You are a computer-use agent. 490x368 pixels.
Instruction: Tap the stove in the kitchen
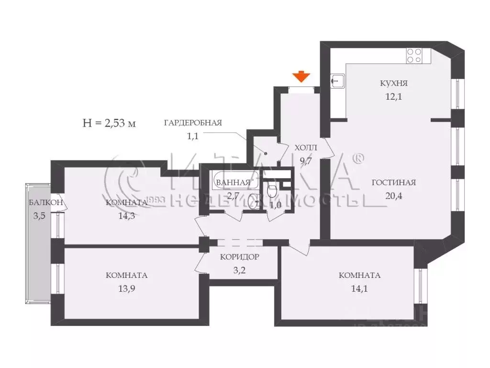pos(414,57)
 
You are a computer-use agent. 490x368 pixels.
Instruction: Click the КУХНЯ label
pos(393,83)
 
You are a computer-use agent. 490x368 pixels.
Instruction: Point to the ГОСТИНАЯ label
pos(393,183)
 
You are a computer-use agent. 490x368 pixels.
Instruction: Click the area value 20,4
pos(393,195)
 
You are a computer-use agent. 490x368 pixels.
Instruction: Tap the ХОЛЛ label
pos(306,148)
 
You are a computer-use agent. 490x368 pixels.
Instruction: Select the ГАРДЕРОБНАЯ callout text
pos(192,123)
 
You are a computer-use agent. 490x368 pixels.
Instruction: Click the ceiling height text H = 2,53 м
pos(110,123)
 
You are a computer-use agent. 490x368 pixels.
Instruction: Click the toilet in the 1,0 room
pos(272,191)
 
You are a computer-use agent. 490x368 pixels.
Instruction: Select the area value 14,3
pos(126,215)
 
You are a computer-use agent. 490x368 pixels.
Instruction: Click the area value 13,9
pos(126,288)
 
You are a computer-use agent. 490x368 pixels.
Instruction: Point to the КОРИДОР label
pos(239,257)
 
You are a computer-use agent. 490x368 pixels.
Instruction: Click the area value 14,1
pos(359,288)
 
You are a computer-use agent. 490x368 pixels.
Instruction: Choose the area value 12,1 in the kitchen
pos(393,96)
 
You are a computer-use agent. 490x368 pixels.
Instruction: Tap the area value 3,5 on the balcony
pos(40,216)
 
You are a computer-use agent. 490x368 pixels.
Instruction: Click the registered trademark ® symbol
pos(358,158)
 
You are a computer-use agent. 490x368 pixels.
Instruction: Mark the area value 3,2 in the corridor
pos(239,270)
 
